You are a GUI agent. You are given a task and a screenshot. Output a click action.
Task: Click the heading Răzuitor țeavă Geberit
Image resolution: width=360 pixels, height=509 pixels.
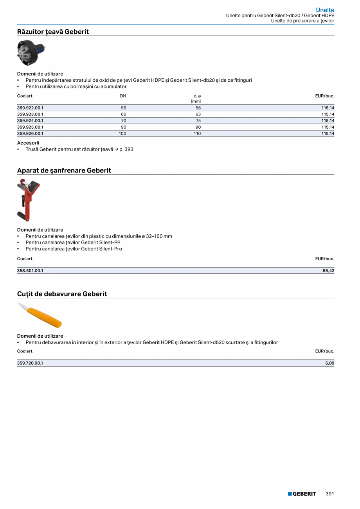click(x=53, y=32)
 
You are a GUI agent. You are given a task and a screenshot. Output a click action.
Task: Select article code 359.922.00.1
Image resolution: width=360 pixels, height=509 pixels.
click(x=30, y=108)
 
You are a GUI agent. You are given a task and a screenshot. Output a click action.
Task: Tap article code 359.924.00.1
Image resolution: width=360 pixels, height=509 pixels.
click(x=30, y=121)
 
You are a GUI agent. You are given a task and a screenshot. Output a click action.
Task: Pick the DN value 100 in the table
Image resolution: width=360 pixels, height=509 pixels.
click(x=122, y=133)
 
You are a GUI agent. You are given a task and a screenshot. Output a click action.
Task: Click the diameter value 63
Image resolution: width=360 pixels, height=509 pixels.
click(x=198, y=114)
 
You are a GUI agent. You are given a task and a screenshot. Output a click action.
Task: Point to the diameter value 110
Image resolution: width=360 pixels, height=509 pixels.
click(x=197, y=133)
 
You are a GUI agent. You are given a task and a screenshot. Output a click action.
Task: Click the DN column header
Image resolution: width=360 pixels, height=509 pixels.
click(x=123, y=96)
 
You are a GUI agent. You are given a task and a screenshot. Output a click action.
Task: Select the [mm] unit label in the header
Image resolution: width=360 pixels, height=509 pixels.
click(x=196, y=101)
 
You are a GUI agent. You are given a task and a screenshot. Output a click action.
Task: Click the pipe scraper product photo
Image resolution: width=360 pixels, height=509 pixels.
click(x=31, y=52)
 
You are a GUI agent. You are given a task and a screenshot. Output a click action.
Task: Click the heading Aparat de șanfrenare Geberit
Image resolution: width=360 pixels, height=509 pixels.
click(x=64, y=171)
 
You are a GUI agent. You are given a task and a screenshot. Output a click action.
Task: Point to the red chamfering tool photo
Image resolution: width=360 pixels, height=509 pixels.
click(x=28, y=200)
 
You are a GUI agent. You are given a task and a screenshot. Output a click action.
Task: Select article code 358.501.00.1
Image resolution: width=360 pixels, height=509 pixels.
click(x=30, y=270)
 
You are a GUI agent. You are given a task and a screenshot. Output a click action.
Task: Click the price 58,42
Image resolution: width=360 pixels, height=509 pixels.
click(x=328, y=270)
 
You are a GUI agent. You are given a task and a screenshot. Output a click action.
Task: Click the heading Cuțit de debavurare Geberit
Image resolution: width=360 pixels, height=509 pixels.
click(x=62, y=294)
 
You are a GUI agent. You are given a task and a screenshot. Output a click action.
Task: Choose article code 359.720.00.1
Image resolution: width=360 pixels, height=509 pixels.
click(x=30, y=363)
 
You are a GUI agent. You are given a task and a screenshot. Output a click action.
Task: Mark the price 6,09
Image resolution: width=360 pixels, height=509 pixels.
click(x=329, y=363)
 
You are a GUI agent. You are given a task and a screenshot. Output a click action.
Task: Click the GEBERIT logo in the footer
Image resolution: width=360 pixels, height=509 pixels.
click(x=302, y=494)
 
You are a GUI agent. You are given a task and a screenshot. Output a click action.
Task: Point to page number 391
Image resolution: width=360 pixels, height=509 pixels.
click(x=330, y=494)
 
